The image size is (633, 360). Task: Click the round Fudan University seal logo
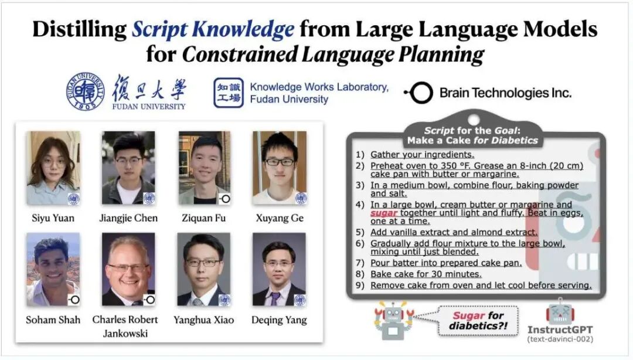point(85,92)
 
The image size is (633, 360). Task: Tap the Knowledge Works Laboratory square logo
point(228,93)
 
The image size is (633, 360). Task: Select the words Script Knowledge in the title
point(213,29)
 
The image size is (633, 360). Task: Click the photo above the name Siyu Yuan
point(53,168)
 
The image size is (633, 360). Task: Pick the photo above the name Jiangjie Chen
point(128,168)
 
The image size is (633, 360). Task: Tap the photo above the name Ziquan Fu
point(205,168)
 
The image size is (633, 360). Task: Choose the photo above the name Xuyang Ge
point(280,168)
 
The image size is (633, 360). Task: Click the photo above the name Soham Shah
point(53,269)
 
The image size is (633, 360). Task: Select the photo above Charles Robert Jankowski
point(128,269)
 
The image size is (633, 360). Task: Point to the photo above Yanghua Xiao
point(204,269)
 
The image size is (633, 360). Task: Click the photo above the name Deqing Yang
point(279,269)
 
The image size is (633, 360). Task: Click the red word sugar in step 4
point(383,213)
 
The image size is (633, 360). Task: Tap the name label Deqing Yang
point(280,320)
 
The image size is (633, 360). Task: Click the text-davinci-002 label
point(560,339)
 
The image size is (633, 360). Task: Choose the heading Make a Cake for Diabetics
point(473,141)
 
